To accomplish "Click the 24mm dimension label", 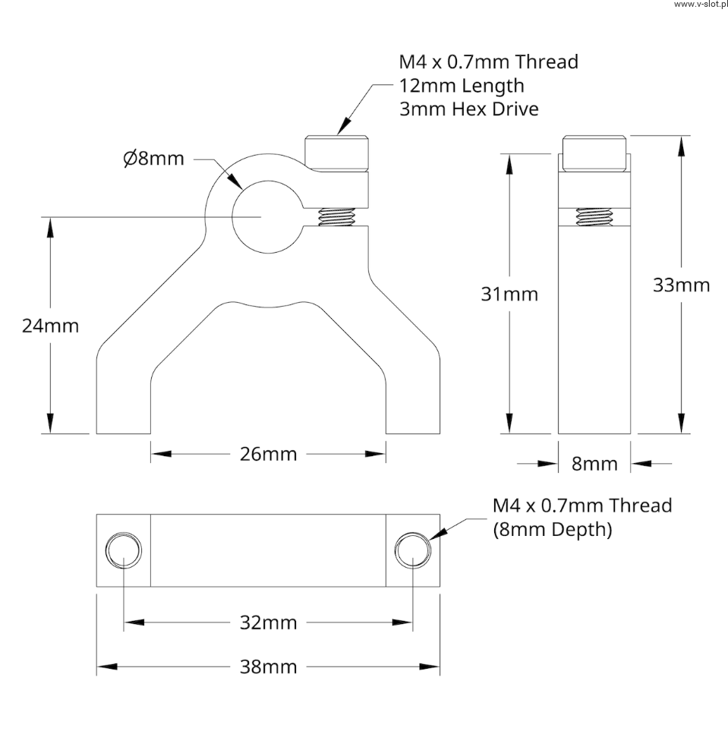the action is [x=50, y=326].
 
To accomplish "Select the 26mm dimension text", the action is [x=268, y=454].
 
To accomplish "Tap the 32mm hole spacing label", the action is [x=268, y=622].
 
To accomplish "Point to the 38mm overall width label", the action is [x=268, y=667].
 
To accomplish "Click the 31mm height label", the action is [x=509, y=295].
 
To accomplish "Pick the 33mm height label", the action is [x=682, y=285].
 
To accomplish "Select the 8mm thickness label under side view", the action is [x=594, y=464].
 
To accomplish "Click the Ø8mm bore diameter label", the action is [x=154, y=159].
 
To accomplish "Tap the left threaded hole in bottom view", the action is [x=124, y=550].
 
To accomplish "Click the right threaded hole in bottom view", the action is [x=413, y=550].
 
